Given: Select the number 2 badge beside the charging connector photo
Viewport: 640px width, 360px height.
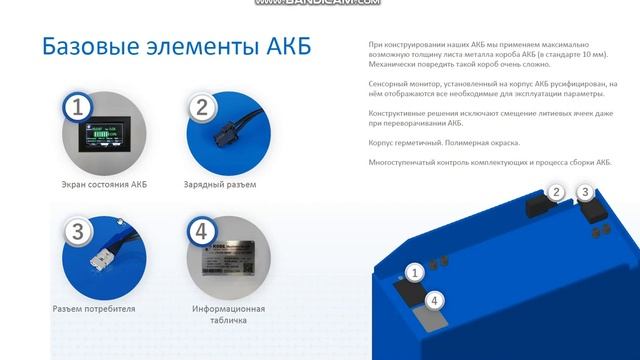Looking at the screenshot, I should (201, 108).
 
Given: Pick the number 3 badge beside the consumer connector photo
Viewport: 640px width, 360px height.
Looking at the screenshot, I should (77, 233).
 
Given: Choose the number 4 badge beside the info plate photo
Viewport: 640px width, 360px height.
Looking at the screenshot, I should (201, 233).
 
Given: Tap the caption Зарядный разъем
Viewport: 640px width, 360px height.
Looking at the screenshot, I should (220, 185).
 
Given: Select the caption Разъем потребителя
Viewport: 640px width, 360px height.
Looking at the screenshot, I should (93, 309).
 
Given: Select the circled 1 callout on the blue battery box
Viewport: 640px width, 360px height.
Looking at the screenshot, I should (417, 271).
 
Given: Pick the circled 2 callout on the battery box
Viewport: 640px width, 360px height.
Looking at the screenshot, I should (557, 193).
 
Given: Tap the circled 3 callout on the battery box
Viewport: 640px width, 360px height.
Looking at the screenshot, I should (586, 192).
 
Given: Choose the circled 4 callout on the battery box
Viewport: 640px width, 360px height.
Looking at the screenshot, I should (434, 300).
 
